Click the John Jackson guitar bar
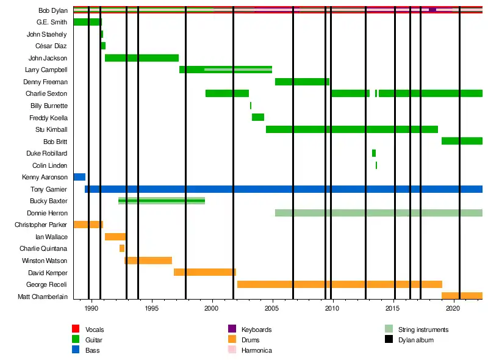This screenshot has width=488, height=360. click(x=142, y=58)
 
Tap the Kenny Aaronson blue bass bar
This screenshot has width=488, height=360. click(x=79, y=177)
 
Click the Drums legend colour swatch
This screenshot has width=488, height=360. click(x=232, y=340)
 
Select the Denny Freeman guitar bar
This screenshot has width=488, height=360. click(x=302, y=82)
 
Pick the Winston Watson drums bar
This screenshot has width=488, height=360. click(x=148, y=261)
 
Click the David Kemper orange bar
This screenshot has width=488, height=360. click(x=204, y=272)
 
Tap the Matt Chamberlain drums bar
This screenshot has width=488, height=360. click(x=462, y=296)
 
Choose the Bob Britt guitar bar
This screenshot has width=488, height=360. click(x=462, y=141)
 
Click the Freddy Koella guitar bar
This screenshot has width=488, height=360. click(x=258, y=117)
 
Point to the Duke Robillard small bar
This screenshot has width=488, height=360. click(x=374, y=153)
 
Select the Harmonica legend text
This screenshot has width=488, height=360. click(x=256, y=350)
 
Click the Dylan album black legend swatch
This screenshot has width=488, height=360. click(x=389, y=340)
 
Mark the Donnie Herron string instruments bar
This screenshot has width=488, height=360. click(x=378, y=213)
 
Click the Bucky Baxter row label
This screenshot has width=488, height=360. click(x=48, y=201)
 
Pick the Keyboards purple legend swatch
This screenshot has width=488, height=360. click(x=232, y=329)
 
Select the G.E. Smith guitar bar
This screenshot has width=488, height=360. click(x=87, y=22)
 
